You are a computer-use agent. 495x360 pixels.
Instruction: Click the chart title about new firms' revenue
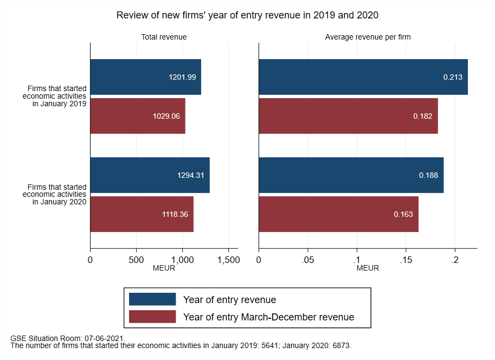[x=247, y=16]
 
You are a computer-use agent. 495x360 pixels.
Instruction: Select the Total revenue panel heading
[x=164, y=37]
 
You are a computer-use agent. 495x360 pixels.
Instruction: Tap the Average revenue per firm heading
[x=368, y=37]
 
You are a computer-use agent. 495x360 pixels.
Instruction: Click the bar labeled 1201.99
[x=145, y=77]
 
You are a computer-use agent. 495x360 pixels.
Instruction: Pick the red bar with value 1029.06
[x=137, y=116]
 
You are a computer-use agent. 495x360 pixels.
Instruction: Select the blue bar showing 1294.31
[x=150, y=175]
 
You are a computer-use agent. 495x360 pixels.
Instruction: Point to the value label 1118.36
[x=175, y=215]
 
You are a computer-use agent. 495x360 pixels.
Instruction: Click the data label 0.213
[x=453, y=77]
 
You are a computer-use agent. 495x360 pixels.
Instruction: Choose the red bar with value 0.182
[x=348, y=116]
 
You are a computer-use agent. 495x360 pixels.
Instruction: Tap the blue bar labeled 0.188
[x=351, y=175]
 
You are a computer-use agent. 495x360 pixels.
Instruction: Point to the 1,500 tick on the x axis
[x=228, y=260]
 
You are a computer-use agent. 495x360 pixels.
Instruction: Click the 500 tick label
[x=136, y=260]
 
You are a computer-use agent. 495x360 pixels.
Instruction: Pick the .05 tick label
[x=307, y=260]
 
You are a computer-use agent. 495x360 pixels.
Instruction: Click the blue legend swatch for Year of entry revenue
[x=152, y=299]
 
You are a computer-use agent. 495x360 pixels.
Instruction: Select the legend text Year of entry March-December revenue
[x=268, y=317]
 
